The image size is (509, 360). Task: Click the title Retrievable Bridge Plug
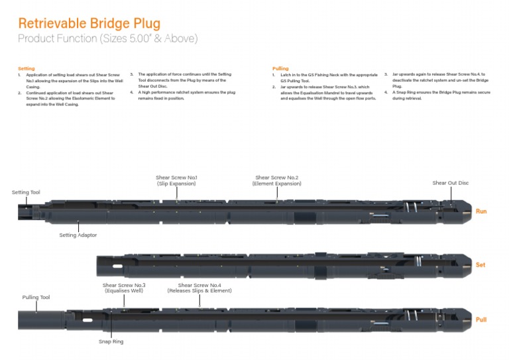[x=89, y=24]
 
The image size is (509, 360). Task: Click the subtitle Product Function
[x=107, y=38]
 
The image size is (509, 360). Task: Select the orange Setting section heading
[x=27, y=68]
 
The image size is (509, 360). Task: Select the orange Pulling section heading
[x=280, y=68]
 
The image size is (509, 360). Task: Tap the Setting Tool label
[x=26, y=192]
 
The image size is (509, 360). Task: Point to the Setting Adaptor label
[x=78, y=235]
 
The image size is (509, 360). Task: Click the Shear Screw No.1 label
[x=176, y=178]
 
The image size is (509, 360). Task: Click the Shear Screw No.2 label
[x=276, y=178]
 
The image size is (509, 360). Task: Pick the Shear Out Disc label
[x=450, y=183]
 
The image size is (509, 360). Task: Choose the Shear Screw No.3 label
[x=124, y=285]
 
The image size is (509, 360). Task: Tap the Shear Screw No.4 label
[x=199, y=285]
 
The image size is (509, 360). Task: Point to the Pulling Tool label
[x=36, y=298]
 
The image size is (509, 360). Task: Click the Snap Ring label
[x=111, y=341]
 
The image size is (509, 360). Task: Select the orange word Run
[x=481, y=211]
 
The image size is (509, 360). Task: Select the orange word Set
[x=481, y=265]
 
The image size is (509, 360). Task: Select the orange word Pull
[x=481, y=320]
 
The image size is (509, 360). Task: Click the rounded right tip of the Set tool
[x=467, y=265]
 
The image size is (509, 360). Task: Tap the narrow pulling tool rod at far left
[x=40, y=320]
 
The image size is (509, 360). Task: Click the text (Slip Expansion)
[x=176, y=184]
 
